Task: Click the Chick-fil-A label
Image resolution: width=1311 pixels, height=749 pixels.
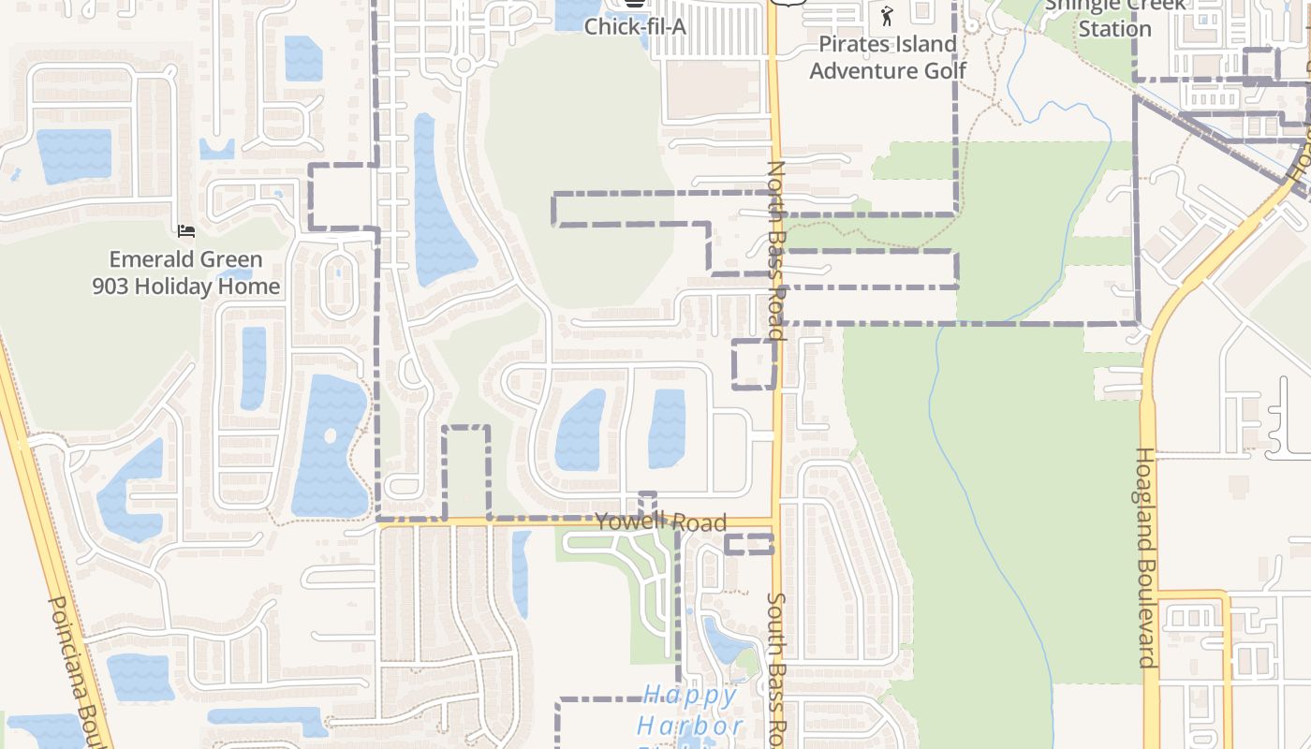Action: point(635,26)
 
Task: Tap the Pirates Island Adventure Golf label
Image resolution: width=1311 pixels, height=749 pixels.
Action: point(888,57)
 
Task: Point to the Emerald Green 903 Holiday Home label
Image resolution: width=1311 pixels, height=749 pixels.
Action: point(186,272)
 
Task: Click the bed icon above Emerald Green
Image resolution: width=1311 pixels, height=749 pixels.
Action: point(186,230)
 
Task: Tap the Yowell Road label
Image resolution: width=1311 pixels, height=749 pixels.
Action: point(660,521)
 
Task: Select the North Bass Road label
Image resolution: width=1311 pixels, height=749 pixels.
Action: point(775,249)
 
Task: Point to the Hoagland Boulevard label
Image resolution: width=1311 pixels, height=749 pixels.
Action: point(1146,557)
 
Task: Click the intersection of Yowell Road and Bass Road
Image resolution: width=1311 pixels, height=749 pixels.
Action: point(775,521)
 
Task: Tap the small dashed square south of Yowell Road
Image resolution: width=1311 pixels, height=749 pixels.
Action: point(749,544)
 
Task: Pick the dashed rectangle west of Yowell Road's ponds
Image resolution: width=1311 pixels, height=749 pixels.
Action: point(466,473)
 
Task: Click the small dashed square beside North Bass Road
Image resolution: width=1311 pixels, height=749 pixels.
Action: point(754,364)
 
